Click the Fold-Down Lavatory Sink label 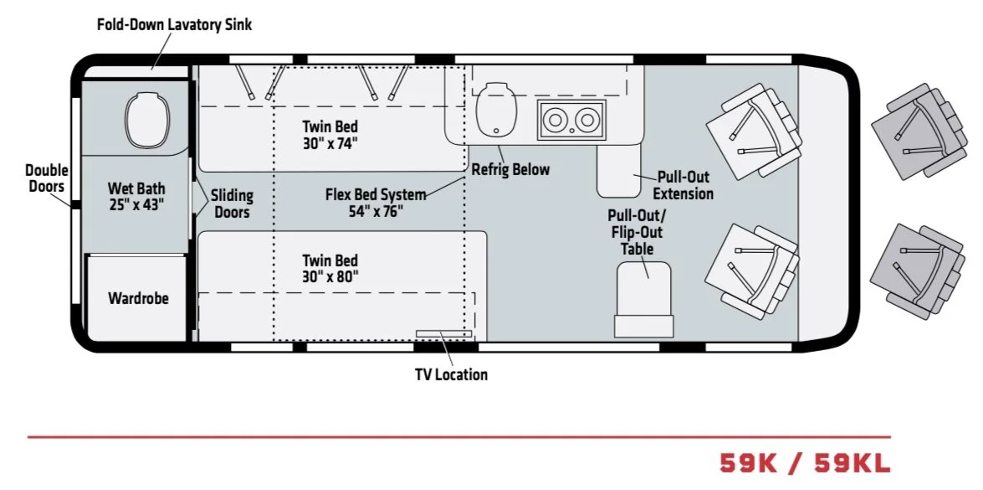pyautogui.click(x=174, y=24)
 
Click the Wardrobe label pyautogui.click(x=138, y=298)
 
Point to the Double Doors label pyautogui.click(x=47, y=178)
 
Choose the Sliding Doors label pyautogui.click(x=232, y=204)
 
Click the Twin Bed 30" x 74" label pyautogui.click(x=330, y=135)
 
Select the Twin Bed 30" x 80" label pyautogui.click(x=330, y=268)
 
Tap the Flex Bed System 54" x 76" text pyautogui.click(x=376, y=203)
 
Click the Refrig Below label pyautogui.click(x=510, y=169)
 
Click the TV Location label pyautogui.click(x=451, y=374)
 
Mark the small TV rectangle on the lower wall pyautogui.click(x=443, y=334)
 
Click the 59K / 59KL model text pyautogui.click(x=805, y=462)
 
